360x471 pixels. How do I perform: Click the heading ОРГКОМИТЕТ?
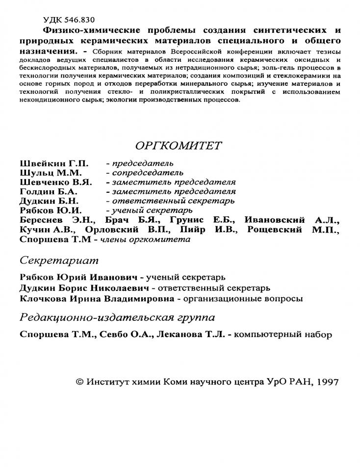178,145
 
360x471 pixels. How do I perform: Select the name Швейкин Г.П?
47,163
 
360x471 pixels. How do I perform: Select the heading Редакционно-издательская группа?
117,317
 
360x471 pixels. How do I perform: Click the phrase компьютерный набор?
283,335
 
